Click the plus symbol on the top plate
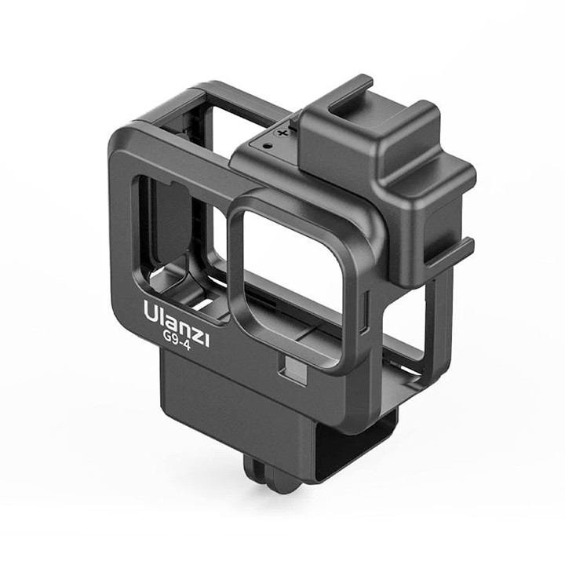click(x=283, y=133)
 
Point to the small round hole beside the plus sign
click(x=267, y=146)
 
